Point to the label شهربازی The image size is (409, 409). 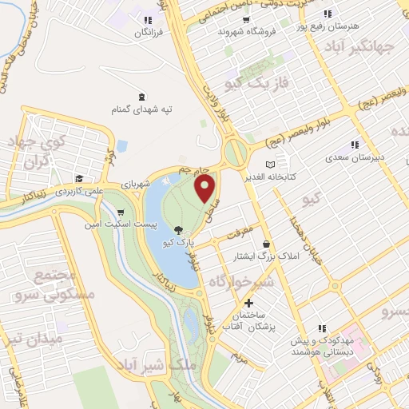[137, 184]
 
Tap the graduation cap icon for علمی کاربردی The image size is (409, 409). [79, 178]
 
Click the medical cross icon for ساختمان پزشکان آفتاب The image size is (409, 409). [249, 304]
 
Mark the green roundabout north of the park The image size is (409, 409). [236, 151]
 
